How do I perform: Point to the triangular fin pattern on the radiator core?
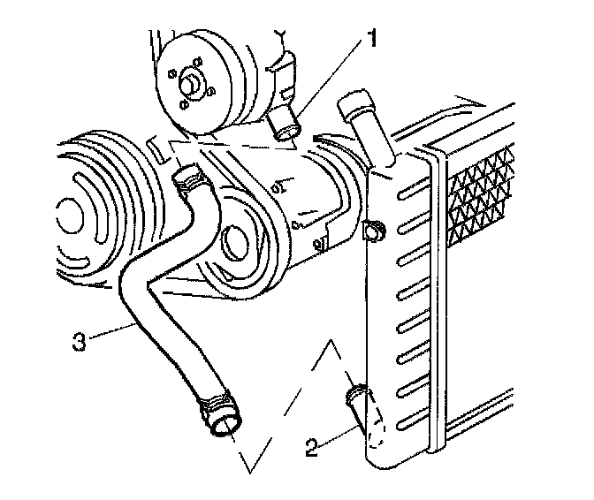click(481, 190)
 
